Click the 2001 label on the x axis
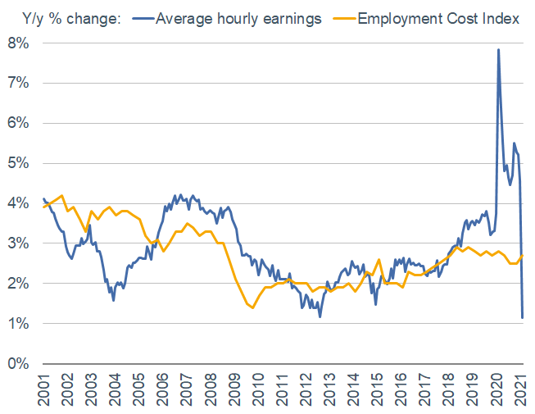coord(43,389)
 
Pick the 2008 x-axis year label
coord(211,389)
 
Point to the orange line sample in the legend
coord(346,19)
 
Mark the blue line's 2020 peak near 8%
coord(498,50)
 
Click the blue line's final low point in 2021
coord(523,317)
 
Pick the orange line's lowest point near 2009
coord(252,307)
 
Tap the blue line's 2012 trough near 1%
coord(320,316)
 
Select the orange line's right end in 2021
coord(524,255)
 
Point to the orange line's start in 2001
coord(43,207)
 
